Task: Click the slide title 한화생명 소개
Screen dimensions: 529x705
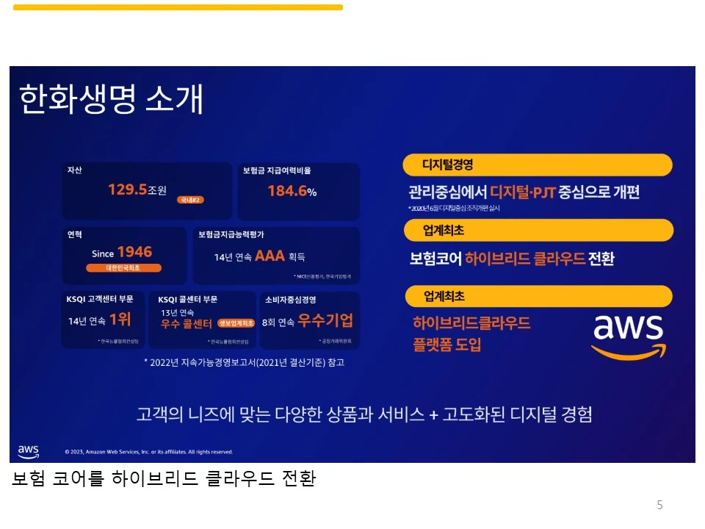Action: point(111,99)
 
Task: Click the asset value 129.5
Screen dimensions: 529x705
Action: point(127,190)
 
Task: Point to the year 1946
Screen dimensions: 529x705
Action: point(134,253)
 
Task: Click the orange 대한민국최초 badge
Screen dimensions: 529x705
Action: point(123,268)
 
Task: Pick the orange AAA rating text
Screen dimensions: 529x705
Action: point(270,256)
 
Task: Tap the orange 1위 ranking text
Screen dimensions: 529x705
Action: point(120,320)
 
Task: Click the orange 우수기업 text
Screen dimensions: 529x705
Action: point(325,320)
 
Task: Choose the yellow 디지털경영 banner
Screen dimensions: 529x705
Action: point(538,165)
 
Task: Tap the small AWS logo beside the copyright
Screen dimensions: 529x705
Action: point(28,450)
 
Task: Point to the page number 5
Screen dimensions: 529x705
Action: point(659,505)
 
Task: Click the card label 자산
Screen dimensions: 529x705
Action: point(74,170)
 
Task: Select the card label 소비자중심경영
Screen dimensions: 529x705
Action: point(290,299)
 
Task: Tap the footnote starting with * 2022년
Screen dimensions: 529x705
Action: point(244,362)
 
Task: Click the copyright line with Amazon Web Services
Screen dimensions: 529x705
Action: point(148,452)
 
